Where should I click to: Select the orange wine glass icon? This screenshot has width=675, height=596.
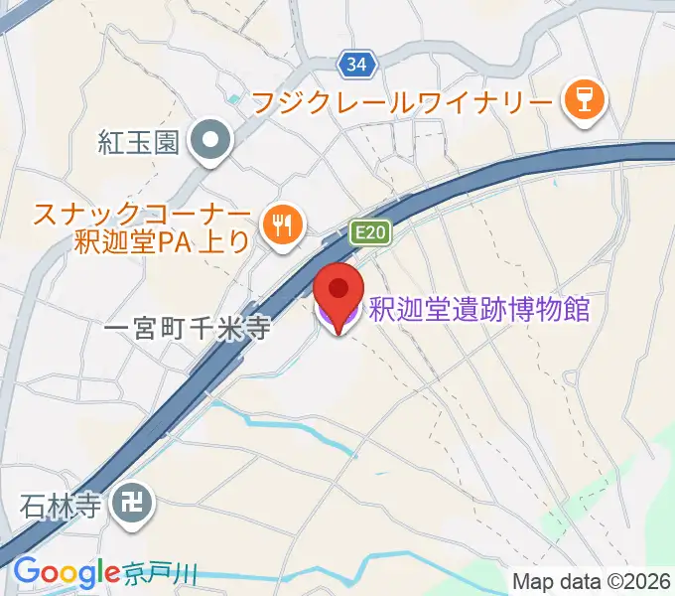click(x=581, y=101)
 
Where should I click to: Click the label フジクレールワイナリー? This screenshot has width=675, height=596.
click(x=401, y=101)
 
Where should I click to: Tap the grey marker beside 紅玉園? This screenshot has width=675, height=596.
click(x=210, y=142)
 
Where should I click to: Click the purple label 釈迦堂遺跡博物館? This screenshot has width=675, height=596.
click(x=479, y=310)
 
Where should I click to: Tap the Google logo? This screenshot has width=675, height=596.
click(x=66, y=573)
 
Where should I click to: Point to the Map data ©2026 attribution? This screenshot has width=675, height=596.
click(x=592, y=580)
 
